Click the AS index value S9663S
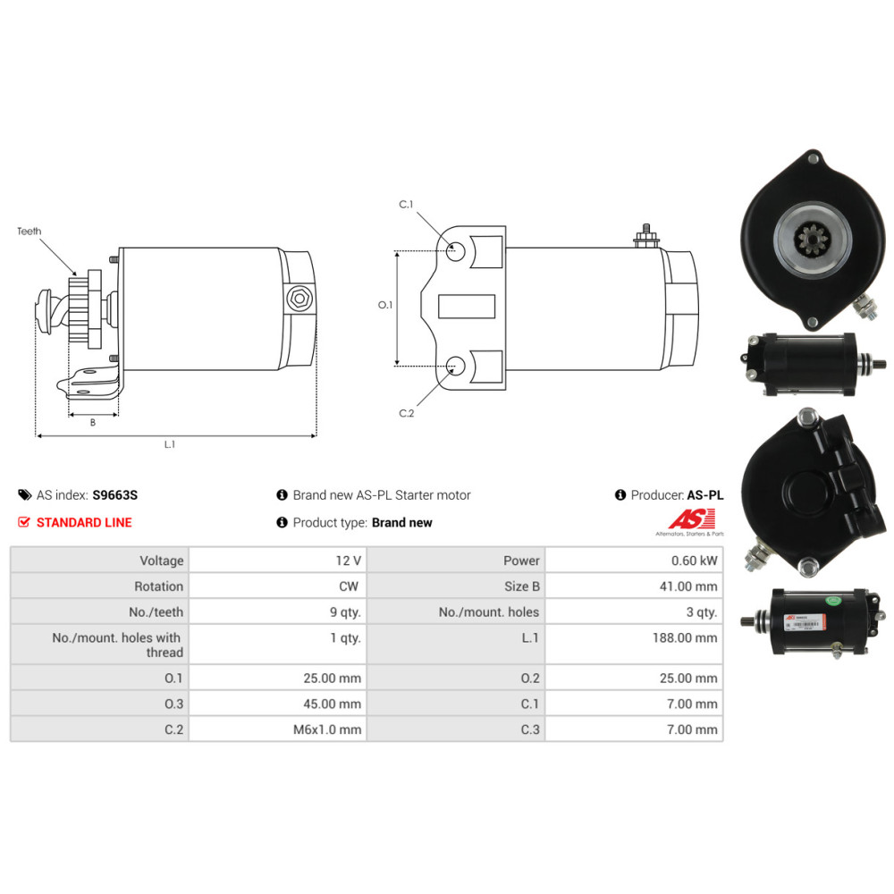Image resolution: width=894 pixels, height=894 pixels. (x=115, y=495)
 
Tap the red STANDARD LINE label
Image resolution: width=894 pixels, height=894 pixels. (x=84, y=522)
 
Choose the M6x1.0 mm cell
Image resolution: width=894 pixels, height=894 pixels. (x=327, y=730)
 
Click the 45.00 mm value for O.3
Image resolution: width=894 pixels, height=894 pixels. (x=332, y=704)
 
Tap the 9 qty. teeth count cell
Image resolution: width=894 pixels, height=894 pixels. (x=345, y=612)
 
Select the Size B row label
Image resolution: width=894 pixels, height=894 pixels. (x=522, y=586)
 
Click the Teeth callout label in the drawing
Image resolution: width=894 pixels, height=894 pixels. (x=30, y=232)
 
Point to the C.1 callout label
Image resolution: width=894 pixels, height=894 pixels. (x=406, y=205)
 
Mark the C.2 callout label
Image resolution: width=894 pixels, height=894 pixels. (x=406, y=413)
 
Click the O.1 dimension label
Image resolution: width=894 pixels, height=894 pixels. (x=385, y=306)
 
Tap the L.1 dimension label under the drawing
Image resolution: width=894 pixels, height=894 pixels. (x=170, y=445)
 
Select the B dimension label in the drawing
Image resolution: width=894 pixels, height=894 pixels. (x=92, y=423)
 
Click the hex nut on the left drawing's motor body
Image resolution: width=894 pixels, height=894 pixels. (x=298, y=299)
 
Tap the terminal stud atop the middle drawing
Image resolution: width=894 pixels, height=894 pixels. (x=644, y=236)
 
